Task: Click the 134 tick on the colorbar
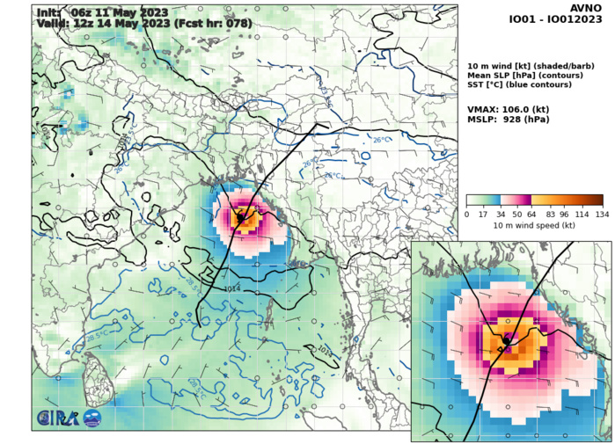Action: tap(603, 214)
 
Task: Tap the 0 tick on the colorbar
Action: tap(466, 214)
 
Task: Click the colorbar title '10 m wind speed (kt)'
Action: tap(534, 226)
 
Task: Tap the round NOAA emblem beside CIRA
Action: tap(92, 419)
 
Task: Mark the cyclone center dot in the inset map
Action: tap(508, 338)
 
